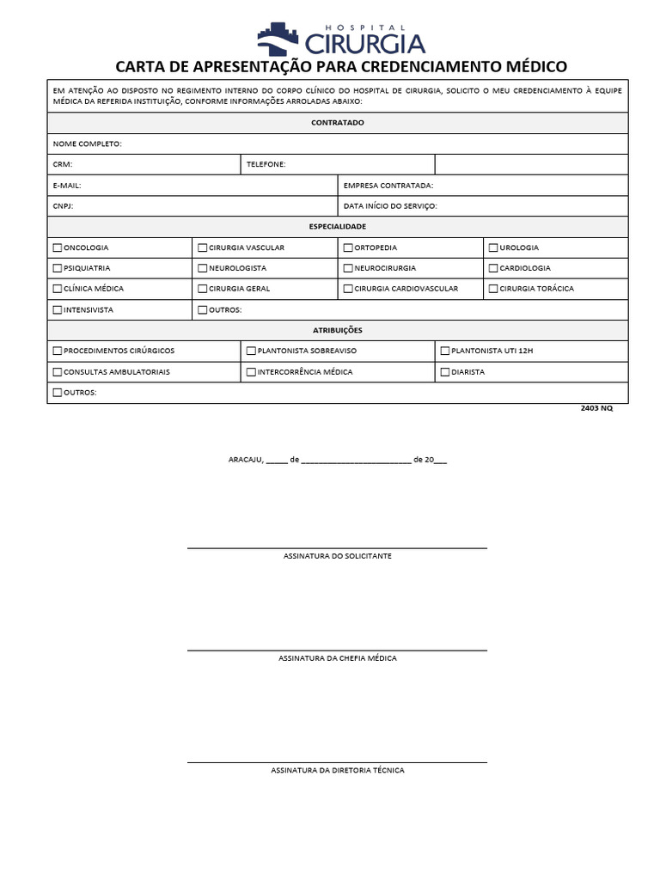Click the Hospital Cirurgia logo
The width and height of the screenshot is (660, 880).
[340, 39]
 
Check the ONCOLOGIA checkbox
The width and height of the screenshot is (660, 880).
[58, 247]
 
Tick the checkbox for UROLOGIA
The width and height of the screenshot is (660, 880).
[493, 247]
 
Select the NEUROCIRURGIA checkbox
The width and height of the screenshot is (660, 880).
[348, 268]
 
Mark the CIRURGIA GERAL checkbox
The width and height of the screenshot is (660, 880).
[203, 289]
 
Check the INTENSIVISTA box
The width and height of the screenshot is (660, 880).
[58, 309]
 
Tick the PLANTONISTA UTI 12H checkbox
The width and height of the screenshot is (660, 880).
[445, 351]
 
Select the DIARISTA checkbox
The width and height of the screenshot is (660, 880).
[445, 372]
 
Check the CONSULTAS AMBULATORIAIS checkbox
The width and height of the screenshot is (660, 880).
[58, 372]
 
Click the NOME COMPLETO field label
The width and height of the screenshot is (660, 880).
[87, 144]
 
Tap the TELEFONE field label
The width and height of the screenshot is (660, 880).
[266, 164]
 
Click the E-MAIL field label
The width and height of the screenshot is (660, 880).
[67, 185]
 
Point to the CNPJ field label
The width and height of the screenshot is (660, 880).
[64, 206]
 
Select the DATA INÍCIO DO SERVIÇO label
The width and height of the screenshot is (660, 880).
[390, 206]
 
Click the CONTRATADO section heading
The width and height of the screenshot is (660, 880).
[338, 123]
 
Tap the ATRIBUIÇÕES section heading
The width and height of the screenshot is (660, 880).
[338, 330]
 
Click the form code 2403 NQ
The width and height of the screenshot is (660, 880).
[597, 408]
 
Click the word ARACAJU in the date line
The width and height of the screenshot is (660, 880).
[244, 460]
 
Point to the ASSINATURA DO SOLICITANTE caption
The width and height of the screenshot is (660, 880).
[338, 556]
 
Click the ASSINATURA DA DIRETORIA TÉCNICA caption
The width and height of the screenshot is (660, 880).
[338, 770]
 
